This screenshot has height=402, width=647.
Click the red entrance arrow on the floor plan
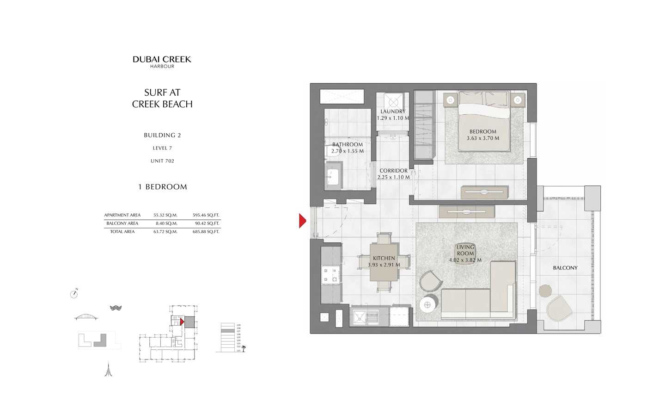click(x=302, y=221)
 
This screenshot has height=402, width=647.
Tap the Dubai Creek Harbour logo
click(x=162, y=62)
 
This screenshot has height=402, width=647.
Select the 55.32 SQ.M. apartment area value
click(x=165, y=215)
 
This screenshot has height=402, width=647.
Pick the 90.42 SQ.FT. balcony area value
click(x=206, y=223)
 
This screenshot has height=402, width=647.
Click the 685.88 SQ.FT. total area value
click(x=206, y=232)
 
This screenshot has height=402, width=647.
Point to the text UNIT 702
click(x=162, y=161)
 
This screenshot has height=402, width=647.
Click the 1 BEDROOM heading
click(x=162, y=187)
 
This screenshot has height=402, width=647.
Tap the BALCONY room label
click(x=565, y=268)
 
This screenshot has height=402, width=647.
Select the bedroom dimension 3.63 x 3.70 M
click(x=482, y=138)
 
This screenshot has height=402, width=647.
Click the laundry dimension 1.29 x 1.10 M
click(x=393, y=118)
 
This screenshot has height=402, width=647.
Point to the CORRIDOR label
click(x=393, y=171)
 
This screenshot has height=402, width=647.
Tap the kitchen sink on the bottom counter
click(x=360, y=317)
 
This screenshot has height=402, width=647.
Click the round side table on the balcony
click(x=545, y=291)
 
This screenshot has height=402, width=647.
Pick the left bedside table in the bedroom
click(x=451, y=99)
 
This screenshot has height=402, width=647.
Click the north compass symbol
click(x=74, y=294)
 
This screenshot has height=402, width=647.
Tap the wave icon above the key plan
click(x=116, y=308)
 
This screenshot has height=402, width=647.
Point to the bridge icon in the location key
click(x=86, y=317)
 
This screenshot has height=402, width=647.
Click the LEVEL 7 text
click(x=162, y=148)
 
